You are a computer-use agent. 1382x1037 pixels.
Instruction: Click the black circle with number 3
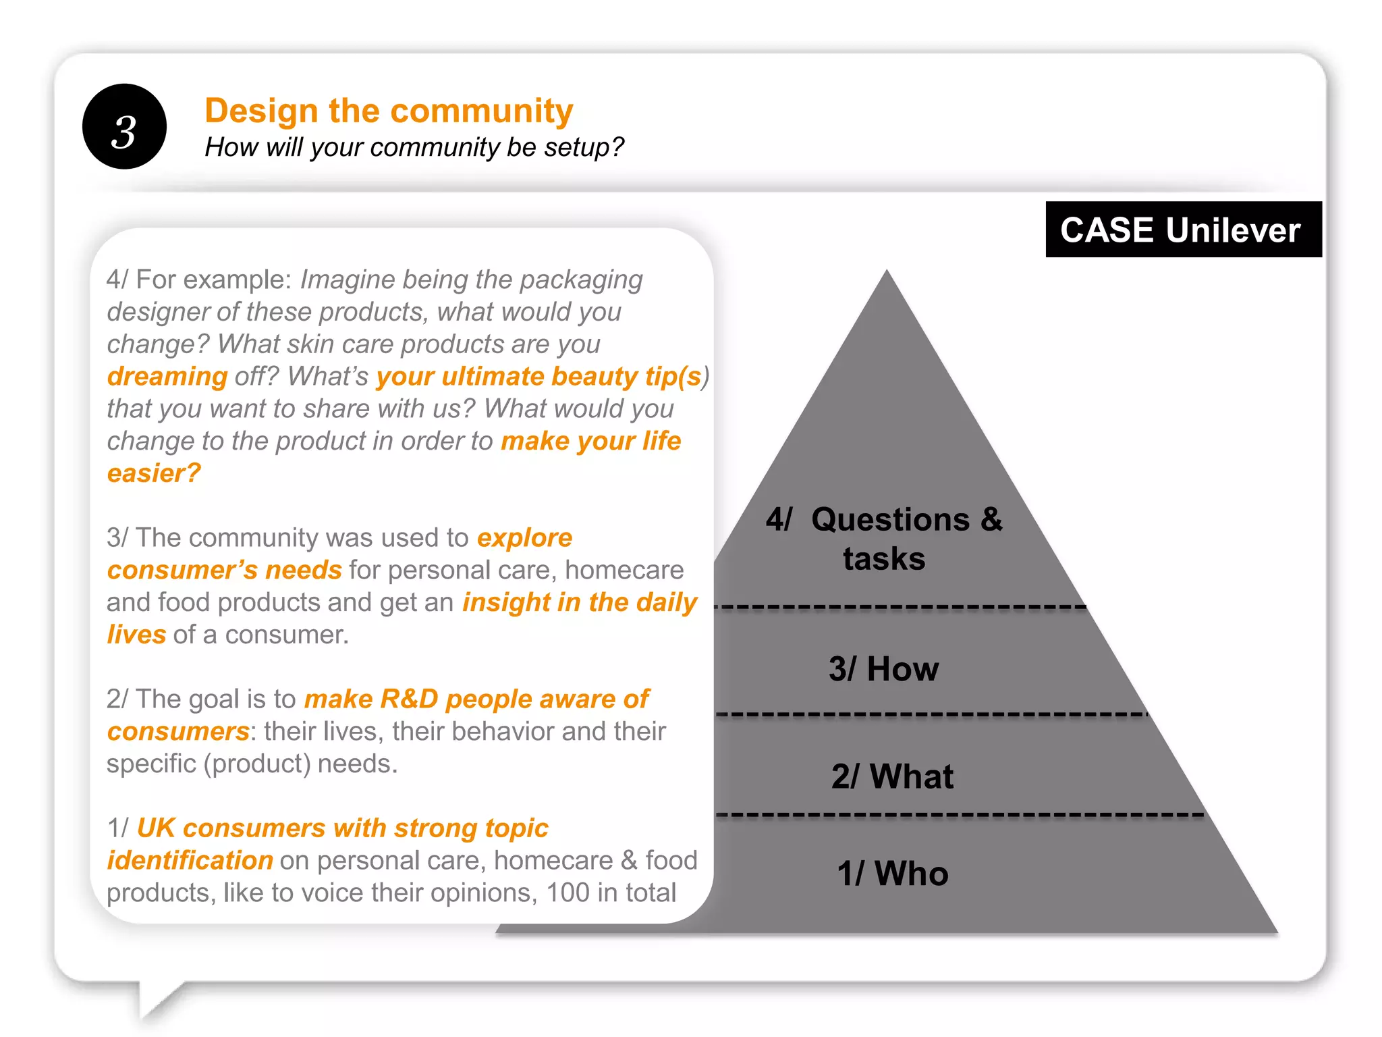point(124,127)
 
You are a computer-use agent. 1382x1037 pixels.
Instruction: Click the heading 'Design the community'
point(389,111)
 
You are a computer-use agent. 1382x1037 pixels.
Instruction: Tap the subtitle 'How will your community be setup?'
point(414,147)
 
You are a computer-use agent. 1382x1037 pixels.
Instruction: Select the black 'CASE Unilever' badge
point(1182,230)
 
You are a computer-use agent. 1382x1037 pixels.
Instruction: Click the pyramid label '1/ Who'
point(892,873)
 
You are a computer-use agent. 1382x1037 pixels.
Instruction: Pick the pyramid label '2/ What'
point(892,776)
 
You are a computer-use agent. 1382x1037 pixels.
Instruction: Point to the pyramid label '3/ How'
point(883,669)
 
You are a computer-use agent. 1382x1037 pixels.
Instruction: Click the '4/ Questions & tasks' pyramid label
point(883,538)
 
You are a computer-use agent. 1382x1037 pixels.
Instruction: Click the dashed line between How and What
point(931,714)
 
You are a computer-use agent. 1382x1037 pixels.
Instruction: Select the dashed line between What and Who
point(958,815)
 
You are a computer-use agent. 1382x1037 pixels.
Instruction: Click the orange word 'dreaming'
point(167,377)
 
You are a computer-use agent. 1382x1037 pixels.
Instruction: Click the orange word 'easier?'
point(154,473)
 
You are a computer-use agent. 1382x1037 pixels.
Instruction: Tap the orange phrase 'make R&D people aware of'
point(476,699)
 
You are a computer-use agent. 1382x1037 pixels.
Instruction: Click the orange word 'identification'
point(190,860)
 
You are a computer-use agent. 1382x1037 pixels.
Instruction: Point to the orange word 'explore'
point(524,538)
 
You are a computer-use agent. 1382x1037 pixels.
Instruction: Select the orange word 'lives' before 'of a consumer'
point(136,635)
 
